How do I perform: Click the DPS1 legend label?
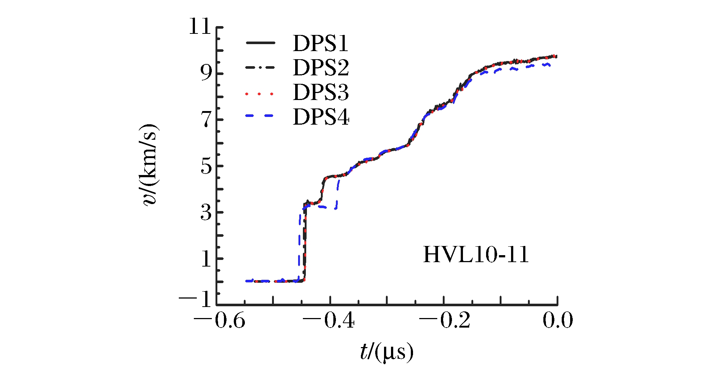(321, 44)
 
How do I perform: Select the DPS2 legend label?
(321, 68)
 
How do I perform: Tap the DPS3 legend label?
(321, 92)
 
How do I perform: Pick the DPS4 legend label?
(321, 117)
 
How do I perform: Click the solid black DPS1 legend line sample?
(260, 43)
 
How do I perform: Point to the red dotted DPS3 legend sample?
(260, 94)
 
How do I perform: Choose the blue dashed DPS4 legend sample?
(260, 116)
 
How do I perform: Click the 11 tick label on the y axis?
(200, 27)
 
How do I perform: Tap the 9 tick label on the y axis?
(206, 74)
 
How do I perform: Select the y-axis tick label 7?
(206, 120)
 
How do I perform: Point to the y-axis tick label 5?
(206, 167)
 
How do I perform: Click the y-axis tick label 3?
(206, 213)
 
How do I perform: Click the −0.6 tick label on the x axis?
(220, 320)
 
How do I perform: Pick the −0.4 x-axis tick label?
(330, 320)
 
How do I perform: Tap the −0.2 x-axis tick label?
(444, 320)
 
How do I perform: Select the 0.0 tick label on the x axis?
(557, 320)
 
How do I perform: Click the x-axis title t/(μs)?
(386, 352)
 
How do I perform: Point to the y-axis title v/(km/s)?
(150, 165)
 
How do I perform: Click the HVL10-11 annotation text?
(476, 255)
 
